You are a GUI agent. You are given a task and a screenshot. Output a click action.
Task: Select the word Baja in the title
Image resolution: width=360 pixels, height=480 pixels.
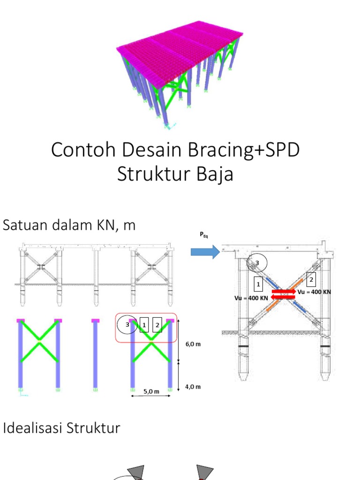pos(215,174)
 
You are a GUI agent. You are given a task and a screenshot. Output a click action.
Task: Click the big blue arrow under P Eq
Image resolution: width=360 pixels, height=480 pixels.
pos(205,252)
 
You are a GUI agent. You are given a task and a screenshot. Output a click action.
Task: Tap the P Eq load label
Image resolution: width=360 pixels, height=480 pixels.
pos(204,236)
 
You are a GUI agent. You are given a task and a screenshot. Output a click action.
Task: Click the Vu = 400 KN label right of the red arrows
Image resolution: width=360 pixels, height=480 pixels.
pos(314,292)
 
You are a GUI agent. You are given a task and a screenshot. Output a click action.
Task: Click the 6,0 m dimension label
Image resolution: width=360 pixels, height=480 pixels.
pos(193,344)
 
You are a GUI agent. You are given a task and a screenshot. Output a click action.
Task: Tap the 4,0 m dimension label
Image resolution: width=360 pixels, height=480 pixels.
pos(193,387)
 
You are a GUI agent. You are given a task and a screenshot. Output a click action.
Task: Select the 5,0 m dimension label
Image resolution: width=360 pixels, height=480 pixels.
pos(152,390)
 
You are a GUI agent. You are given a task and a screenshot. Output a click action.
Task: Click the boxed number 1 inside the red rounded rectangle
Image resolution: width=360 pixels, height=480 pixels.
pos(144,324)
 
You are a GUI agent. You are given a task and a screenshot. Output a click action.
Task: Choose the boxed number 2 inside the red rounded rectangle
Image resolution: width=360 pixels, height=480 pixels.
pos(157,324)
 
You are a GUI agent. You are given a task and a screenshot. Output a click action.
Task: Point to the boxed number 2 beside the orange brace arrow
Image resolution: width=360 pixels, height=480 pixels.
pos(311,280)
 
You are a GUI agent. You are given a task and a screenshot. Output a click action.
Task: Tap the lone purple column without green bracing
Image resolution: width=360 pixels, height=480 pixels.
pos(95,354)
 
